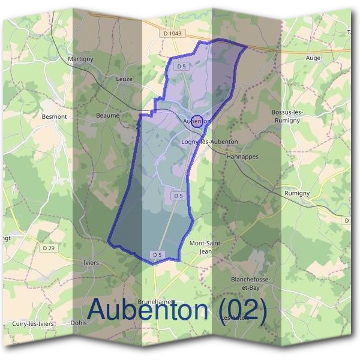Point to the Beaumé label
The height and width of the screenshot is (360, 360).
click(108, 115)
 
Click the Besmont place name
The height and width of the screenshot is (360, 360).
click(54, 116)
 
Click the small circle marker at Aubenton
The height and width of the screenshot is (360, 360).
click(196, 121)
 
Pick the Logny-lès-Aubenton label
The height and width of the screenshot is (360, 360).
click(209, 142)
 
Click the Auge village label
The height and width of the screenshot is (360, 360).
click(313, 58)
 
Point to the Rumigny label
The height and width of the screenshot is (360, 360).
click(296, 193)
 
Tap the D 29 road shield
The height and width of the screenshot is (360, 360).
click(49, 247)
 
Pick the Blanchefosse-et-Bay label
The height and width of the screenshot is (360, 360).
click(250, 283)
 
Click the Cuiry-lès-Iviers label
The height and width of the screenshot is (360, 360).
click(34, 323)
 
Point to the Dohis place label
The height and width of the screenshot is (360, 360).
click(78, 322)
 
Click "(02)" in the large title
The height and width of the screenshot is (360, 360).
click(243, 310)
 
